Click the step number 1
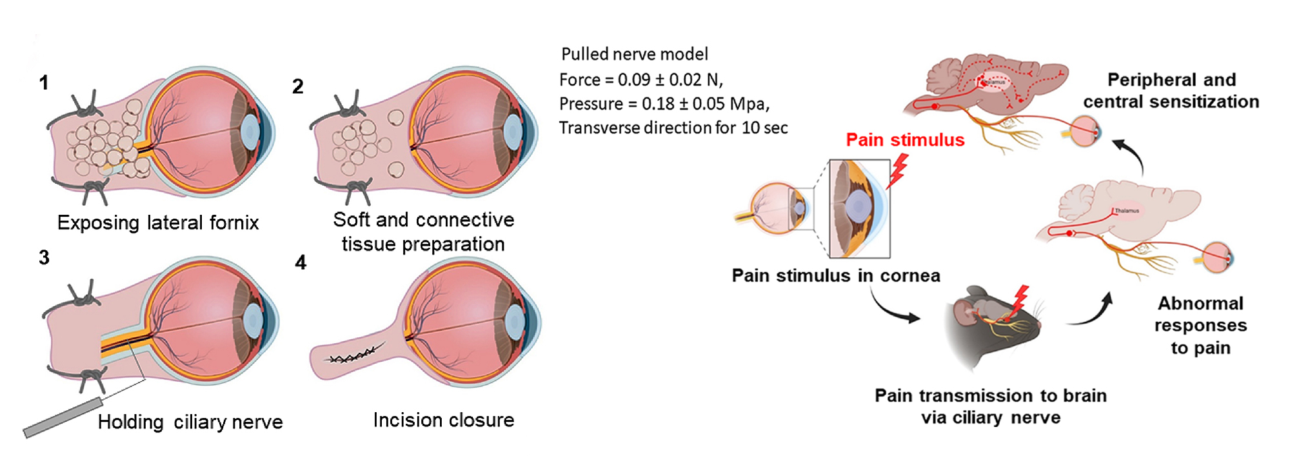coord(44,83)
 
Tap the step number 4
coord(301,263)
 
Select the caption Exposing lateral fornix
coord(158,223)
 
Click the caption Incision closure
coord(444,420)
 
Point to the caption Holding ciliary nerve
coord(190,422)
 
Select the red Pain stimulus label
coord(905,140)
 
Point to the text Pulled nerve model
coord(635,54)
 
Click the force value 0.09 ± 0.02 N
coord(670,79)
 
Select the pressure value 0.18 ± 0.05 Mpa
coord(706,104)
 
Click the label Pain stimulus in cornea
coord(836,275)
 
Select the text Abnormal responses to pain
coord(1200,325)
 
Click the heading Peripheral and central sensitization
coord(1171,90)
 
